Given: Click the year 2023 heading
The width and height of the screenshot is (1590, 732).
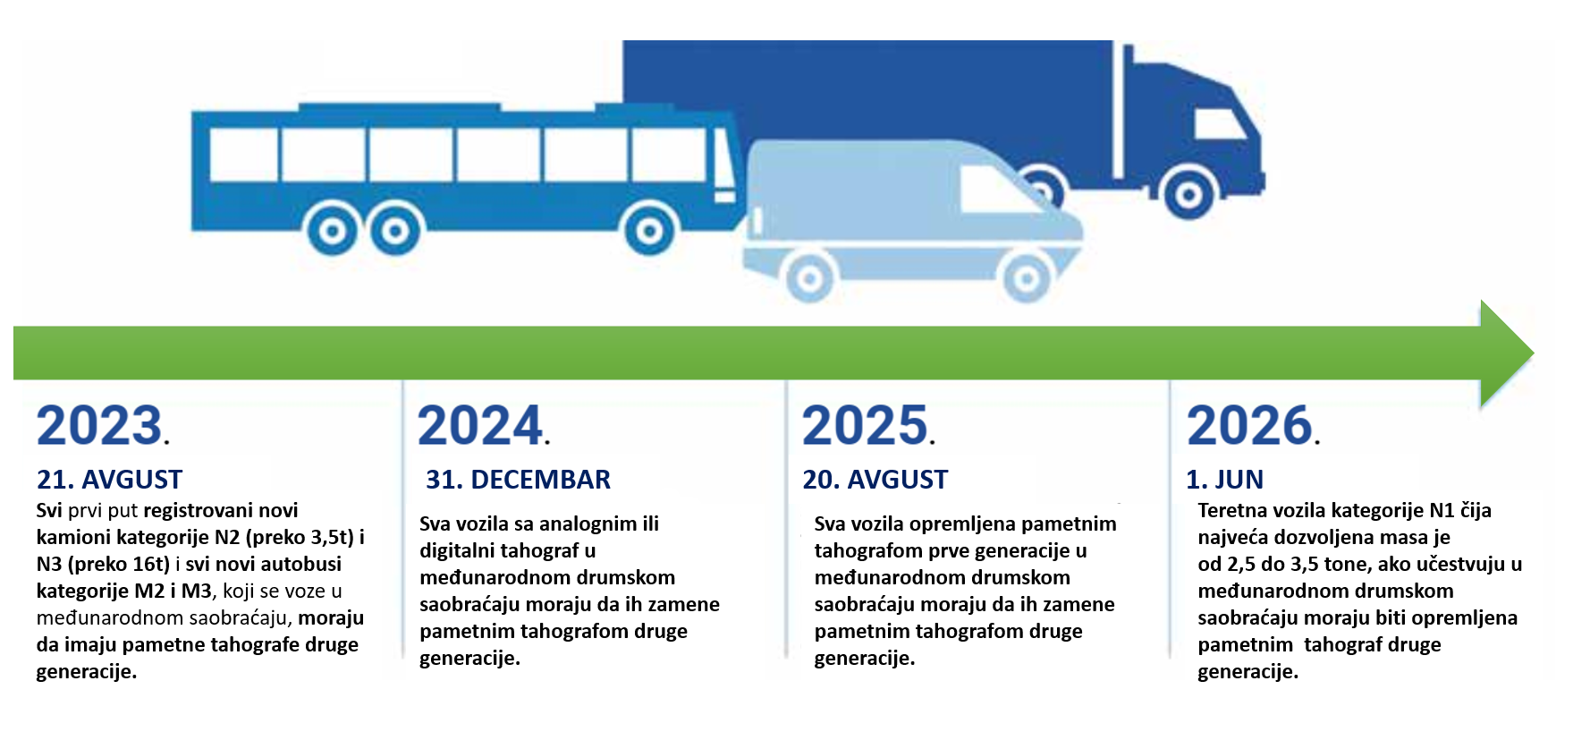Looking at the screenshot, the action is [x=103, y=425].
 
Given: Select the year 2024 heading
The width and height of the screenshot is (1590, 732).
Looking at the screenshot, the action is [x=484, y=425].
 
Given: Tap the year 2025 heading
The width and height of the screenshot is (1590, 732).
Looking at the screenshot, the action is [x=868, y=425].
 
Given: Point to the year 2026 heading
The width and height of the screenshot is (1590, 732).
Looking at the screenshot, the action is [x=1253, y=425].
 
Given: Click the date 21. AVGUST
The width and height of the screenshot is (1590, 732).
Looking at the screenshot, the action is [x=109, y=480].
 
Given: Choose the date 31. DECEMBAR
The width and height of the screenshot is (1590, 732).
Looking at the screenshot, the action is [x=518, y=480].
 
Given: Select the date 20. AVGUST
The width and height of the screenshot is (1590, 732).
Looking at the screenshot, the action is [x=875, y=480].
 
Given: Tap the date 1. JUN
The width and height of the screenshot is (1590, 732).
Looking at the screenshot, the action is [x=1224, y=480].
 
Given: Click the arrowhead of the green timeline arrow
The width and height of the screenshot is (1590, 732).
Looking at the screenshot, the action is [x=1507, y=353].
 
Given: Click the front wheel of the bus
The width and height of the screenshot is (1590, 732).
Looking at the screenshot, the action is [x=649, y=232].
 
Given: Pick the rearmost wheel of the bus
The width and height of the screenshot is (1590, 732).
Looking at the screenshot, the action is [x=332, y=232].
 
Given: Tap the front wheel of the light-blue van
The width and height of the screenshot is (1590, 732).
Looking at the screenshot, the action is [x=1027, y=278].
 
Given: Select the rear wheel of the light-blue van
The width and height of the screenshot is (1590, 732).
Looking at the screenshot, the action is [x=810, y=278].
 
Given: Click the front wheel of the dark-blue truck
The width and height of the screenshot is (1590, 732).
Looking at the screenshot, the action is [x=1188, y=194].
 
